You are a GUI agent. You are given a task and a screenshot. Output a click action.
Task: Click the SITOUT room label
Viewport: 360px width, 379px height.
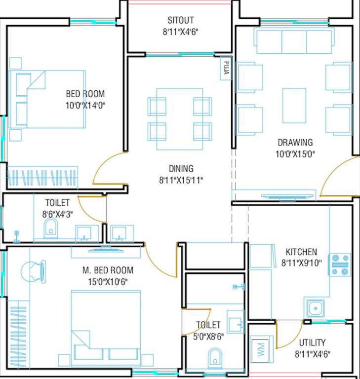180,21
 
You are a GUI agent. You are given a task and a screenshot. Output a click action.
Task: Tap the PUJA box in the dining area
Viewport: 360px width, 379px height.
226,69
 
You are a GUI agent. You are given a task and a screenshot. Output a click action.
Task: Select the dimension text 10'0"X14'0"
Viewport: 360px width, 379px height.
85,105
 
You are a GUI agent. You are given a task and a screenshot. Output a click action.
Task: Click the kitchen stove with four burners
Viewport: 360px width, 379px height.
340,265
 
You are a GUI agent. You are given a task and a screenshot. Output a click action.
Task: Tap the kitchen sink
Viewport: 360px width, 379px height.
315,308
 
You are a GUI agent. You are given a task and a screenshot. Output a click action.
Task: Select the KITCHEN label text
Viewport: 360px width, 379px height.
301,252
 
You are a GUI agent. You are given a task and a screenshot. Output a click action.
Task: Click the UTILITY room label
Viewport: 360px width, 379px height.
312,342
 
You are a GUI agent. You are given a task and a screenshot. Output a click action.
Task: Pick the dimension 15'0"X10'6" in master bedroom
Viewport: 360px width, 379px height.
108,282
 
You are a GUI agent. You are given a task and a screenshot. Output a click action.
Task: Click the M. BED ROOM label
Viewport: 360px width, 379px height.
108,270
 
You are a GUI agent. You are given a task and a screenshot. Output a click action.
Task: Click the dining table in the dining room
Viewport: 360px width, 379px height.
180,119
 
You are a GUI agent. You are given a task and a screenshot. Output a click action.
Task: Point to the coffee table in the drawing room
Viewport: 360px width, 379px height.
294,105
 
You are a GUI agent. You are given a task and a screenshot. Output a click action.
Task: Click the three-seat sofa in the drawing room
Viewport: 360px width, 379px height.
294,41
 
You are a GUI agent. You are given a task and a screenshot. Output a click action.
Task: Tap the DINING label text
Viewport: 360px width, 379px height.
181,169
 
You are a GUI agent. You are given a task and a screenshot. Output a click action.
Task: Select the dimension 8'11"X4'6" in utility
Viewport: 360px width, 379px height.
312,354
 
